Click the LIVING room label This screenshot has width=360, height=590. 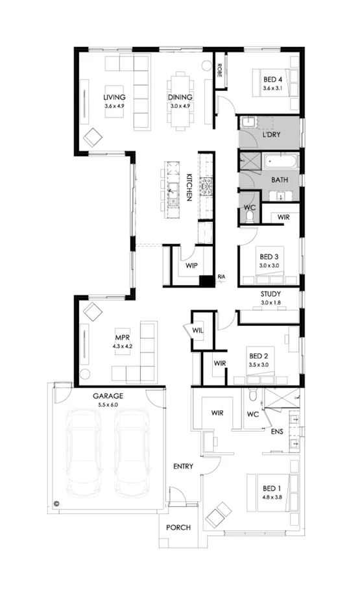(114, 97)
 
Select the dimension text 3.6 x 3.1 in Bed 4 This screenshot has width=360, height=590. (273, 88)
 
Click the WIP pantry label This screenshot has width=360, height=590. (191, 266)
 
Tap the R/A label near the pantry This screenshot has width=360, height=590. (221, 278)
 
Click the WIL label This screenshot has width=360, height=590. (198, 330)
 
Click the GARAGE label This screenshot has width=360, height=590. (108, 395)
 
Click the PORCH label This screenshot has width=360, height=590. (178, 528)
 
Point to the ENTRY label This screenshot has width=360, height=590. (184, 466)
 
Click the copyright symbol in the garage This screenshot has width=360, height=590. (56, 502)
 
